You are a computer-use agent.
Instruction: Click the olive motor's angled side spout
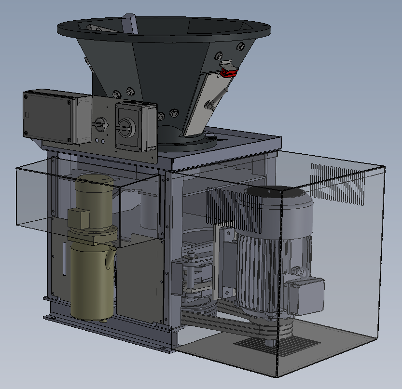click(x=110, y=258)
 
